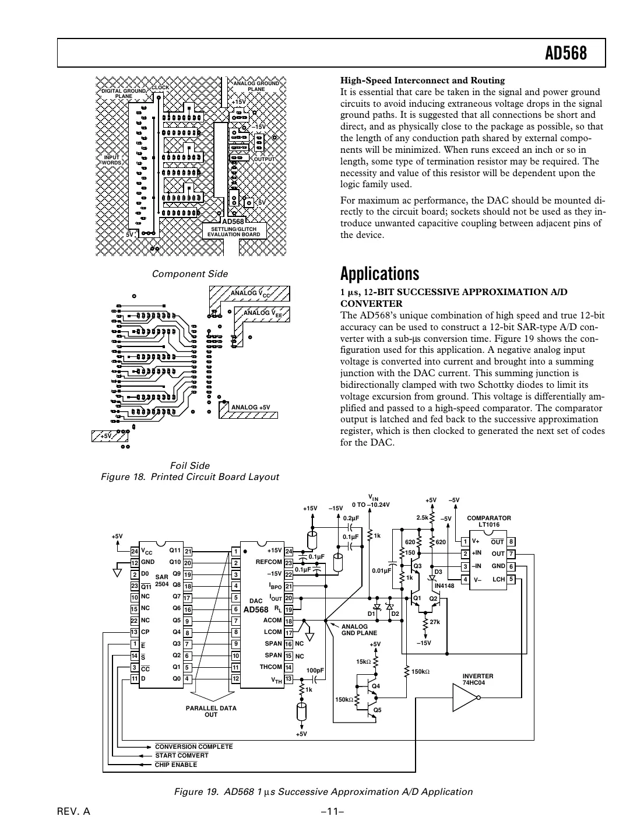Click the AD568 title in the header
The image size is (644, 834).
pos(565,54)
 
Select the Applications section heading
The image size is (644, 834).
pos(379,274)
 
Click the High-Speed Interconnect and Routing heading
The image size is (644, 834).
pos(423,80)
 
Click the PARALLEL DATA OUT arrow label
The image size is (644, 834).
pos(211,711)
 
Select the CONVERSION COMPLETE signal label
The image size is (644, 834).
pos(193,747)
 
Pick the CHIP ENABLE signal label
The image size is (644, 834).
pos(175,765)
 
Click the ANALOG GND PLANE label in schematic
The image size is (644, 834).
pos(359,629)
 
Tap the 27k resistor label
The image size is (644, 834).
pos(435,622)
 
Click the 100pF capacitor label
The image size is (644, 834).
pos(315,671)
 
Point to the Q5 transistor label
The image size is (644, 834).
pos(377,709)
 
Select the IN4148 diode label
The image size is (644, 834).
pos(444,585)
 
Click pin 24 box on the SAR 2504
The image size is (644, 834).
pos(134,551)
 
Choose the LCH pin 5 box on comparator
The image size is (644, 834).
pos(511,579)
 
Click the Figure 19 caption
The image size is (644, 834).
pos(323,791)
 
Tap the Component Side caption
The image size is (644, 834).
pos(189,274)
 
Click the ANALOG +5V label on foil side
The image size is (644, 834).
pos(251,407)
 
